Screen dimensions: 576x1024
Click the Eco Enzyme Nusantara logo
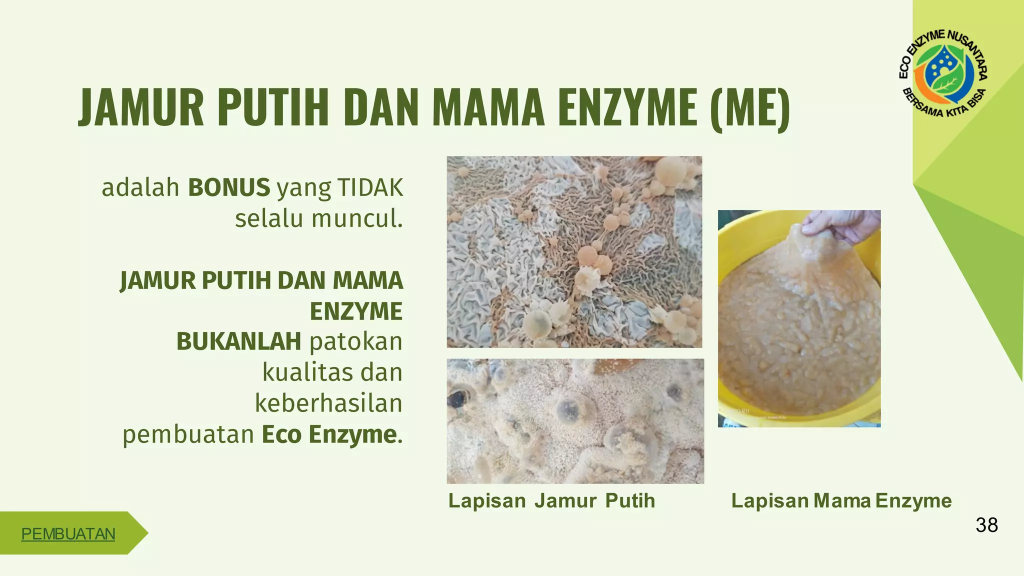(942, 73)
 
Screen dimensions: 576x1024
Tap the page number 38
(986, 525)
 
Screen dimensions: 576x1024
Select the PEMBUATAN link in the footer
(68, 534)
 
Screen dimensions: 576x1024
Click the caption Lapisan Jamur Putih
(551, 500)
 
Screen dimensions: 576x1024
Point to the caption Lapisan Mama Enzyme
(841, 500)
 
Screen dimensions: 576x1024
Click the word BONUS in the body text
(229, 187)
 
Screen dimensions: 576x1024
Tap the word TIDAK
(370, 187)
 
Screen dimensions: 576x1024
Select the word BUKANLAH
(238, 342)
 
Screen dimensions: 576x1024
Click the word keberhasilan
(328, 403)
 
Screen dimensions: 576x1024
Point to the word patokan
(356, 342)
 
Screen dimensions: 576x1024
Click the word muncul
(356, 219)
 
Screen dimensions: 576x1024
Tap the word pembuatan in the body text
(188, 434)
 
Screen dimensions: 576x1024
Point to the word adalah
(140, 187)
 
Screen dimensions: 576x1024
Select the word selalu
(269, 219)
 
